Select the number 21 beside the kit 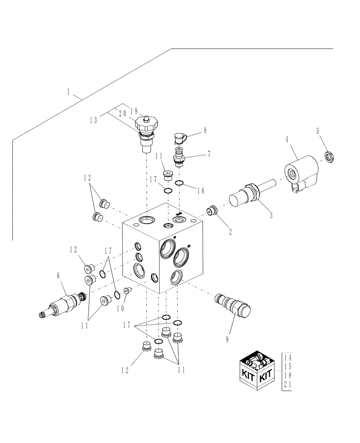(x=287, y=385)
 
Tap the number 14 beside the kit (x=287, y=358)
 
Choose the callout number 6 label (x=58, y=275)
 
